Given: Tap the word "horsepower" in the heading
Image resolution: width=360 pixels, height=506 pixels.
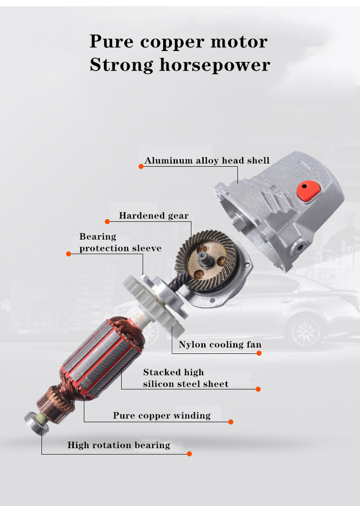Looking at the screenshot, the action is (x=215, y=65).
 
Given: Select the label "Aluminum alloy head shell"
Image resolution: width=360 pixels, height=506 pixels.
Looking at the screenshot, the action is (x=207, y=160).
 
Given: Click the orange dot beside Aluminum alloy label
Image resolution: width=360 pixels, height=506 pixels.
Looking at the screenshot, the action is (x=141, y=167).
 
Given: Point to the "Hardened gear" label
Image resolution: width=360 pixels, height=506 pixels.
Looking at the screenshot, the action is (x=154, y=215).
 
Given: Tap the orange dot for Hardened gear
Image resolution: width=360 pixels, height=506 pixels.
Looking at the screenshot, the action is (x=108, y=221).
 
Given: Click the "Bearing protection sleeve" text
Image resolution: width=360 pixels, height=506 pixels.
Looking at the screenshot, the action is (x=120, y=242).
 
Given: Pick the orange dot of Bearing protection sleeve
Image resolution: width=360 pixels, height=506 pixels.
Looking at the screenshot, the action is (x=68, y=254).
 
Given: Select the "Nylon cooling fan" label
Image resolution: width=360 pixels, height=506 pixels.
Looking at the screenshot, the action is (x=220, y=344).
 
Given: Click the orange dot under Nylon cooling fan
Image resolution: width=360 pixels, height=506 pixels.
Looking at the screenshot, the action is (x=259, y=353).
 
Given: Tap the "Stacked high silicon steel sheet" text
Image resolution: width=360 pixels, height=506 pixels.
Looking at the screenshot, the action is (x=185, y=378).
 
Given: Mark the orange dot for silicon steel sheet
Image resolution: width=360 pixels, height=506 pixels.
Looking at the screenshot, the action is (x=258, y=389).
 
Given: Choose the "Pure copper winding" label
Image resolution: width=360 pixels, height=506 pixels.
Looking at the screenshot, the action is (x=162, y=415).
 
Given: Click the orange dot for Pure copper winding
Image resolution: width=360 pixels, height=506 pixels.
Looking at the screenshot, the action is (x=231, y=422).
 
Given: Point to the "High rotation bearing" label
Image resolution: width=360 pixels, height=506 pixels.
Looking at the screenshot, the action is (x=119, y=445).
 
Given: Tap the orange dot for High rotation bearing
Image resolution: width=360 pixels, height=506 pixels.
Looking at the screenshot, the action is (x=190, y=454).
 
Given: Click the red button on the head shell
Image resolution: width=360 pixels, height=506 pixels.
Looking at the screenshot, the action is (x=308, y=191).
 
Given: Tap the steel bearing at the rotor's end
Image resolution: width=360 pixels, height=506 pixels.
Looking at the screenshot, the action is (x=36, y=424).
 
